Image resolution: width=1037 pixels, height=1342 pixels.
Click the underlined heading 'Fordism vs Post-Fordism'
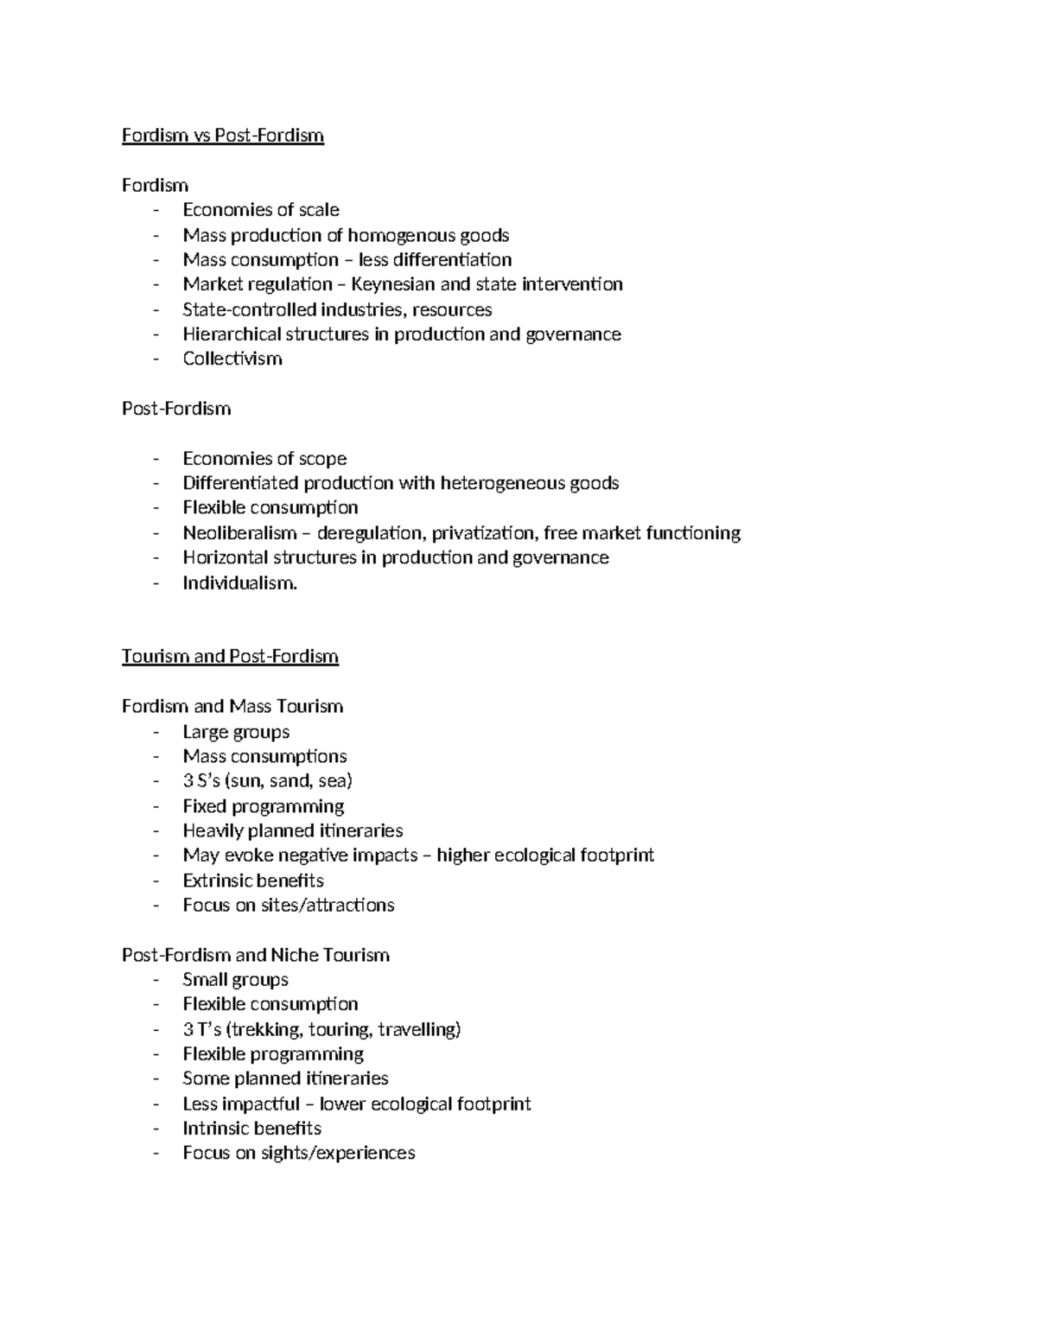coord(223,136)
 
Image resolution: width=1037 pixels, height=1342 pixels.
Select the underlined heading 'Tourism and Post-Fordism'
coord(230,657)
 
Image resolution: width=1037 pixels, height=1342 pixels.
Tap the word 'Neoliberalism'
coord(239,533)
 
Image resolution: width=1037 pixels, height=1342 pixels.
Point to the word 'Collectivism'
coord(232,359)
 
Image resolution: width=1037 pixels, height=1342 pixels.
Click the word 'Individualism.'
coord(239,583)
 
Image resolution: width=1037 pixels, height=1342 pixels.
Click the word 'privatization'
coord(483,533)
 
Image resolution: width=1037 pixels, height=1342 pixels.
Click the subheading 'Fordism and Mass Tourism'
coord(232,707)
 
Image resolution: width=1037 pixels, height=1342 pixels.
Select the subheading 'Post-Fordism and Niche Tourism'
coord(256,956)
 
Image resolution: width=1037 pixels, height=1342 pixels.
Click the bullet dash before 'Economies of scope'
coord(156,460)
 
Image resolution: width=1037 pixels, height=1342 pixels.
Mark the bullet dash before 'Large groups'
coord(156,733)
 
